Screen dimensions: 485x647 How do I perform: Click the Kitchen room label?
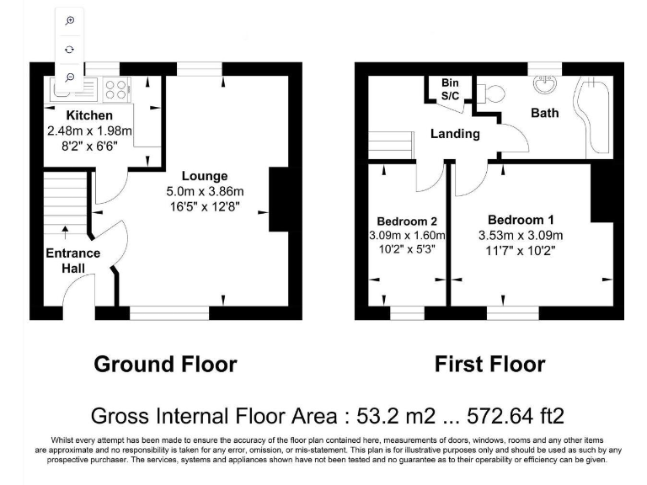tap(89, 115)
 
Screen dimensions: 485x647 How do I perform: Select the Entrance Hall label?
tap(73, 260)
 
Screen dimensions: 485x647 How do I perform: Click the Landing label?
tap(455, 134)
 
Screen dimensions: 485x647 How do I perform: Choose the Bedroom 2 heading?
tap(407, 221)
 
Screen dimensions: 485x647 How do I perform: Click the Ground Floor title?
tap(165, 365)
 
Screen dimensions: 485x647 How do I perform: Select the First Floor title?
tap(489, 365)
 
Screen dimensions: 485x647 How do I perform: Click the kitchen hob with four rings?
tap(117, 87)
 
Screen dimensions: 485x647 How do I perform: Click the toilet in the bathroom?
tap(493, 92)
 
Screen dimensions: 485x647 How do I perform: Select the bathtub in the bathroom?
tap(596, 116)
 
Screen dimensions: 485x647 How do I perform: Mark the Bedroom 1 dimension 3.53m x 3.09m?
tap(520, 235)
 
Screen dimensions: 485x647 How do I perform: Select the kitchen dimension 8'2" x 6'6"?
tap(89, 145)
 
